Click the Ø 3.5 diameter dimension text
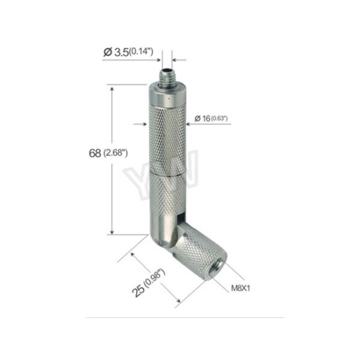point(116,52)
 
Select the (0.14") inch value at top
point(141,52)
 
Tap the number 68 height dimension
point(95,153)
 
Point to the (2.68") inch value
point(115,152)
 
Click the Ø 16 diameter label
point(202,118)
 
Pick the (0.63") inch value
point(219,118)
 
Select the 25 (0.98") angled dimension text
point(149,283)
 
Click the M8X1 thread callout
point(241,288)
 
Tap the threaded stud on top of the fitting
point(167,77)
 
